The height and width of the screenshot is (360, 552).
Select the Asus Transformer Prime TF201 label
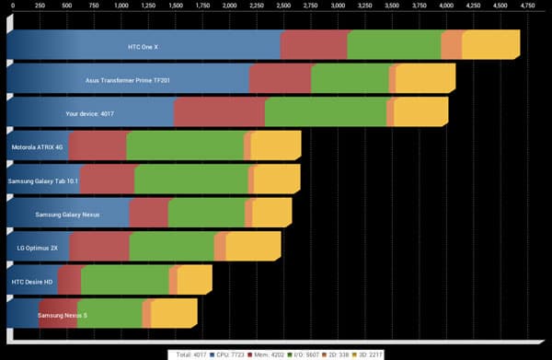coord(128,79)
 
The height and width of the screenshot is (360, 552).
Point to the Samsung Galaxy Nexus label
coord(66,215)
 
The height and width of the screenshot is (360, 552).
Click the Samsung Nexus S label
coord(63,315)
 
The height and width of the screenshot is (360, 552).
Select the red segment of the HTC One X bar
coord(314,44)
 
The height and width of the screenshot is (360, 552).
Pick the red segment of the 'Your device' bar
coord(218,114)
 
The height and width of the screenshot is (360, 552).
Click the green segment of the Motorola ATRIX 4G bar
coord(185,147)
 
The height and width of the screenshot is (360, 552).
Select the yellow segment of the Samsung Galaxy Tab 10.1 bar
coord(276,180)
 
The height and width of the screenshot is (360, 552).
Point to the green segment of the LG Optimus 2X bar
coord(171,248)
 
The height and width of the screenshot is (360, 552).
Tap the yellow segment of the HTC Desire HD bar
coord(193,281)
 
